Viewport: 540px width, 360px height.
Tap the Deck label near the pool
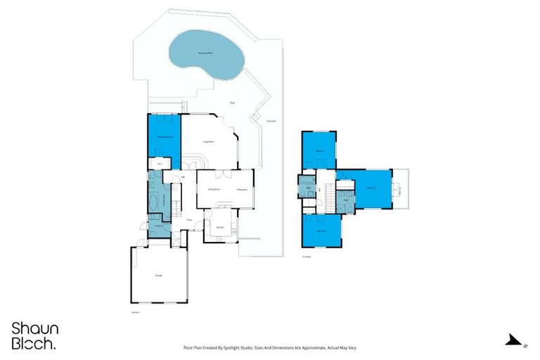[232, 103]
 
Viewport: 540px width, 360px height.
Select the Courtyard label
[270, 121]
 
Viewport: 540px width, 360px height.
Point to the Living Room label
[208, 142]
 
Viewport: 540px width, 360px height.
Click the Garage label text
[159, 275]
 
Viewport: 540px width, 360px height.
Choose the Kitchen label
[220, 227]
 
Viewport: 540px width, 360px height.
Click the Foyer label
[190, 220]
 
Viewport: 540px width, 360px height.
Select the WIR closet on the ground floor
[160, 164]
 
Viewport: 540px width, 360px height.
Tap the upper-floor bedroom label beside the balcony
[372, 187]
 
